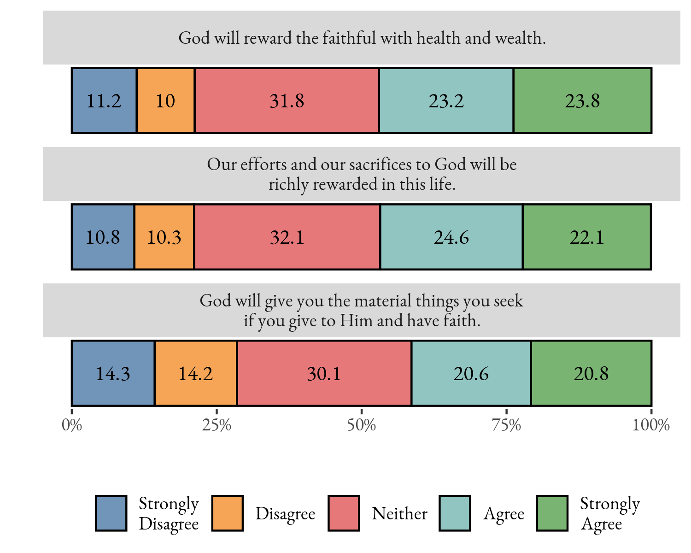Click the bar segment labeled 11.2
104,100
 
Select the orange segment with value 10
166,100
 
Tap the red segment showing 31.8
287,100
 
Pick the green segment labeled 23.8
582,100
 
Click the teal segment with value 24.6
451,237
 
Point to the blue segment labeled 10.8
103,237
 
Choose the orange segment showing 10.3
164,237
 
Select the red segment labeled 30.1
324,373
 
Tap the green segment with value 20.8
591,373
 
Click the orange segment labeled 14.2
196,373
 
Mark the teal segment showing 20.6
471,373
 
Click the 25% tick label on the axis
217,425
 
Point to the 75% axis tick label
506,425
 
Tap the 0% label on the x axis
72,425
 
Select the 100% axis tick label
650,425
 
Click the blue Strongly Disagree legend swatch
111,513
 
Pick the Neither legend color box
344,513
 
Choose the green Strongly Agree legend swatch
552,513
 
